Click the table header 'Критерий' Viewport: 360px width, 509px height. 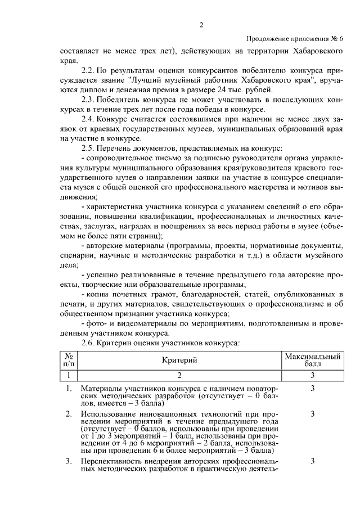[x=179, y=361]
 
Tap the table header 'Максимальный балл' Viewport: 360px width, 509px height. [x=312, y=361]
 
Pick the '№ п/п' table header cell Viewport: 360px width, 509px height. [x=69, y=361]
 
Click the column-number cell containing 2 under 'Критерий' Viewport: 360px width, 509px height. [x=179, y=375]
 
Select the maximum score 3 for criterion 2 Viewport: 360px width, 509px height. [x=312, y=414]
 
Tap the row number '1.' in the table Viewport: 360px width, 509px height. [x=69, y=389]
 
